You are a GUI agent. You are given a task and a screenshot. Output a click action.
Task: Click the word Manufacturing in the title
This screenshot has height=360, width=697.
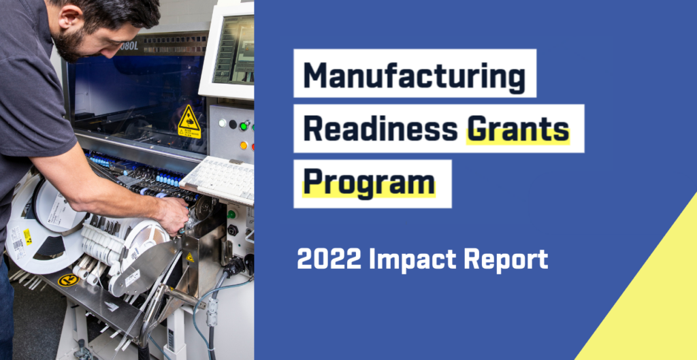[414, 76]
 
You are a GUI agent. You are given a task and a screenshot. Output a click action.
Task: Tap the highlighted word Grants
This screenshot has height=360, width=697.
[517, 128]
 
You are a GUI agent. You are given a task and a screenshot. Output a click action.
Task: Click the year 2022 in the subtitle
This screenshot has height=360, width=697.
[328, 259]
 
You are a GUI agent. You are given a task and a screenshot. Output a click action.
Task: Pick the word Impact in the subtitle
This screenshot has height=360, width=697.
[412, 260]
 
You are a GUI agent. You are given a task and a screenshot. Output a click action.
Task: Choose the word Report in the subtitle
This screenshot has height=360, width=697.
[506, 259]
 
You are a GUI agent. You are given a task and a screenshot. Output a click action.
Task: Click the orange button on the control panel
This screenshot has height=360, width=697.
[244, 145]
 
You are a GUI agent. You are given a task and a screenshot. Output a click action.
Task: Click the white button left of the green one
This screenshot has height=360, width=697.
[222, 123]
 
